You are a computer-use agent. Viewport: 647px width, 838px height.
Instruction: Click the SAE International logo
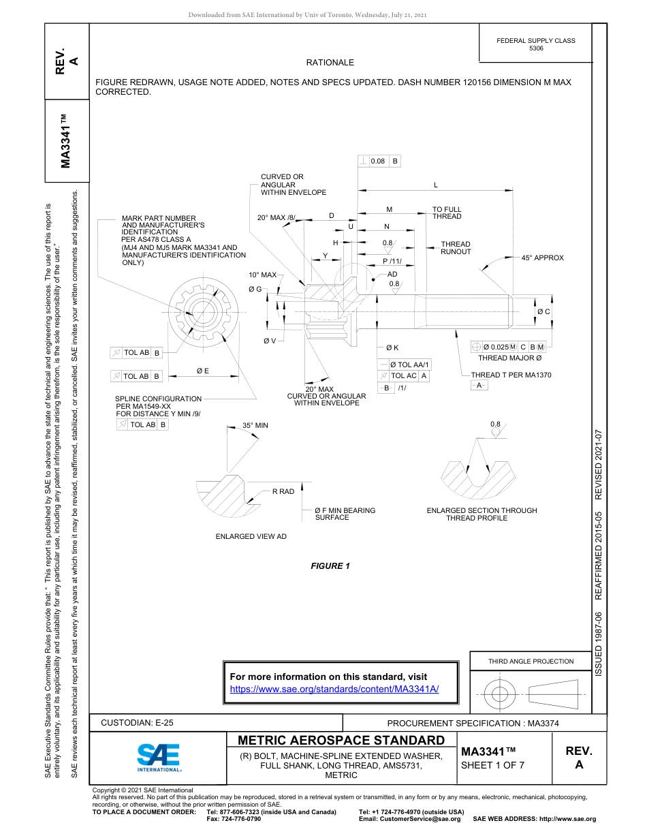[159, 756]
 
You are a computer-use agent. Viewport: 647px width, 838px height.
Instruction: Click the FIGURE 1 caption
[330, 566]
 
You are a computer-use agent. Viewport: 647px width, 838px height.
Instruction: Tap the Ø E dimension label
[202, 371]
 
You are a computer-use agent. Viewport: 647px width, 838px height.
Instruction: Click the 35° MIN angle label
[255, 425]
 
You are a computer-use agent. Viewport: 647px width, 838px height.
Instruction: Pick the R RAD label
[283, 491]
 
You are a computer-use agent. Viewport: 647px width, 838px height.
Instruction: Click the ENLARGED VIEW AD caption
[251, 537]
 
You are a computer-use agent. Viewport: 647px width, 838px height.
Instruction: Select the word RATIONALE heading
[330, 63]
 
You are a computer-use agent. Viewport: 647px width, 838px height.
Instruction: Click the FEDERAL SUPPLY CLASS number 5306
[536, 49]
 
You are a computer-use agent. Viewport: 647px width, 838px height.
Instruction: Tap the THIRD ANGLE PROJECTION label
[531, 661]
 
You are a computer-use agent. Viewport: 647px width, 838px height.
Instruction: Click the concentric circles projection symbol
[500, 694]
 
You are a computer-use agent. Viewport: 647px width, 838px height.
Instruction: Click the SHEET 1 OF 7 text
[493, 765]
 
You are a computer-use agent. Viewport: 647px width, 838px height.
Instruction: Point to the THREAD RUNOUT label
[456, 248]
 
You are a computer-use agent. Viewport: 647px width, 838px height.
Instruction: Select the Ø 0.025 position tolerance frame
[509, 347]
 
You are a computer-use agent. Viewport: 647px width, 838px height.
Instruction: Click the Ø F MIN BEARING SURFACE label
[345, 514]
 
